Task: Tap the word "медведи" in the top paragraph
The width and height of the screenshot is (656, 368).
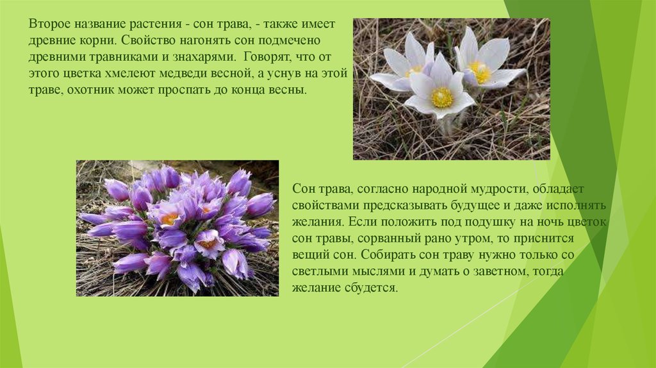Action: click(x=192, y=74)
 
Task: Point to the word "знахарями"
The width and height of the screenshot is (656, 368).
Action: click(x=200, y=57)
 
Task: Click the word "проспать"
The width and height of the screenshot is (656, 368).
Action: click(x=183, y=90)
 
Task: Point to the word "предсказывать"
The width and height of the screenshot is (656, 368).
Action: click(x=405, y=206)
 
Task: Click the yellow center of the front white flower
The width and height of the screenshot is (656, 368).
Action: click(x=442, y=97)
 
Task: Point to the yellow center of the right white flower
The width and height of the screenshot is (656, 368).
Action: click(x=480, y=72)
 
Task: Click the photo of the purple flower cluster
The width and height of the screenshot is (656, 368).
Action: click(x=177, y=228)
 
